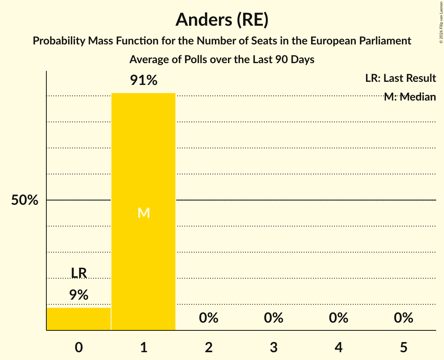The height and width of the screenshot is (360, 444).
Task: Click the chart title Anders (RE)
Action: coord(222,19)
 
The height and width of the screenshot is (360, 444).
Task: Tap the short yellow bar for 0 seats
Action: coord(79,319)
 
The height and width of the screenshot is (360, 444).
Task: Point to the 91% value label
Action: coord(143,80)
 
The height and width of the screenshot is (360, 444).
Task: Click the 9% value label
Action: coord(79,295)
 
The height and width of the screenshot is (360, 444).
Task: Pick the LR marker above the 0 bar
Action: coord(79,273)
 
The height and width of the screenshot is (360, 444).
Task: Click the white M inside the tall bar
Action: coord(143,213)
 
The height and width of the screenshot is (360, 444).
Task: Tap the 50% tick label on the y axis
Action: coord(25,200)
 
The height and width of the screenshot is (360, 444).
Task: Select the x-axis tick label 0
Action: coord(79,347)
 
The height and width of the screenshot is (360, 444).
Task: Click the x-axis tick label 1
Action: coord(143,347)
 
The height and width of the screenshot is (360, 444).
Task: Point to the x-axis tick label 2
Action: coord(209,347)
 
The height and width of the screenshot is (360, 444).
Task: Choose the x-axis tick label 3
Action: coord(274,347)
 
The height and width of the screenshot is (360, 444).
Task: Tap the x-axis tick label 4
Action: coord(338,347)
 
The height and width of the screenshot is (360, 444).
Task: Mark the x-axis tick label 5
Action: coord(403,347)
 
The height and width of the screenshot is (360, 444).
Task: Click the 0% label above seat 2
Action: coord(209,318)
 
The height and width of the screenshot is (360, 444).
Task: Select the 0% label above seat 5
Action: coord(403,318)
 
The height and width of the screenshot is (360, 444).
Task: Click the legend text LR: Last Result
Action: coord(400,78)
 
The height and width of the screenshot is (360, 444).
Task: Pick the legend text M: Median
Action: coord(410,97)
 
